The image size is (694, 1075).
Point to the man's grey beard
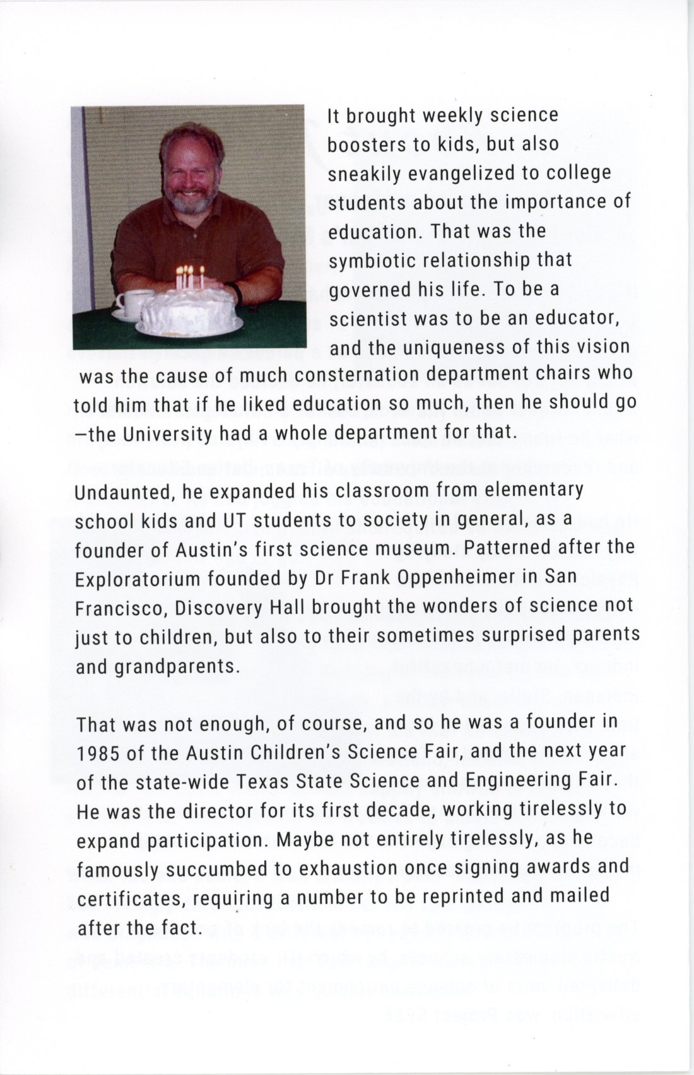[190, 201]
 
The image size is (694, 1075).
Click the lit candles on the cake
[189, 277]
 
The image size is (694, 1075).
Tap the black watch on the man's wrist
[237, 292]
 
